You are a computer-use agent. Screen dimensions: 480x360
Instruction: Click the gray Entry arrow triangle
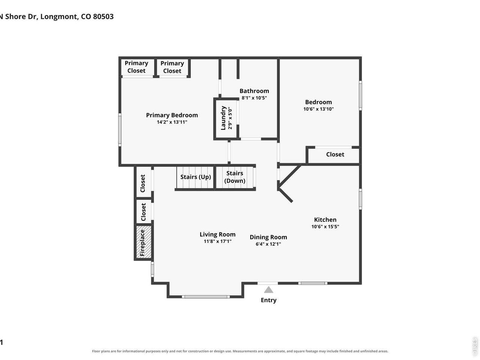[268, 289]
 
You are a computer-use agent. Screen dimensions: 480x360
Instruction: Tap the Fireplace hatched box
[144, 242]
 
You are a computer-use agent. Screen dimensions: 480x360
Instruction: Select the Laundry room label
[223, 118]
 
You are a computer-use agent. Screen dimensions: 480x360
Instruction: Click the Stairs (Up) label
[195, 177]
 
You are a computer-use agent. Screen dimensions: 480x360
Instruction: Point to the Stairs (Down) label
[235, 177]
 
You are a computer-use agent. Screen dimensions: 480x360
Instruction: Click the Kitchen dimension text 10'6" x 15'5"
[325, 226]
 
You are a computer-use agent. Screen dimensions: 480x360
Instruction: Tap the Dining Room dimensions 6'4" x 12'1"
[268, 244]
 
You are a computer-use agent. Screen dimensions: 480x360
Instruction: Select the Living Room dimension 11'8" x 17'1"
[217, 241]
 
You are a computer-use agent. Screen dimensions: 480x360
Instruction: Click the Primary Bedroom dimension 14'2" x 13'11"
[172, 122]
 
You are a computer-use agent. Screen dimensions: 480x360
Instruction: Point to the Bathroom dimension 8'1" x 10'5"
[254, 98]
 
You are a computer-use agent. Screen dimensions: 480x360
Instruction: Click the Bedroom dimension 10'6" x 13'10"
[318, 109]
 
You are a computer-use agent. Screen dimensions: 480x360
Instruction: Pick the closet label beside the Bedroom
[335, 154]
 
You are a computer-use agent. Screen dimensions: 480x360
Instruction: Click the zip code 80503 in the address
[103, 16]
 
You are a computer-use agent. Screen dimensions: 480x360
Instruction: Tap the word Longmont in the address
[59, 17]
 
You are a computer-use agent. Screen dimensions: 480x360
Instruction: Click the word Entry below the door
[268, 300]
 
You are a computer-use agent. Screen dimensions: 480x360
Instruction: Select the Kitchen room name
[325, 220]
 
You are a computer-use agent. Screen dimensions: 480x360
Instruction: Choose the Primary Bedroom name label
[172, 115]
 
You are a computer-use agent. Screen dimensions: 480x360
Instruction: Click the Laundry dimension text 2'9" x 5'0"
[230, 118]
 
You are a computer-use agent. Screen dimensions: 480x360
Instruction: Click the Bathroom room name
[254, 91]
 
